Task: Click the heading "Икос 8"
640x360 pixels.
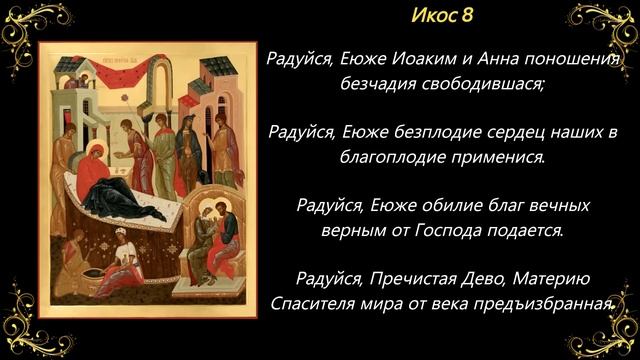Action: pyautogui.click(x=442, y=18)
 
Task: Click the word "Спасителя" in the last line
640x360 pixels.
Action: pyautogui.click(x=312, y=303)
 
